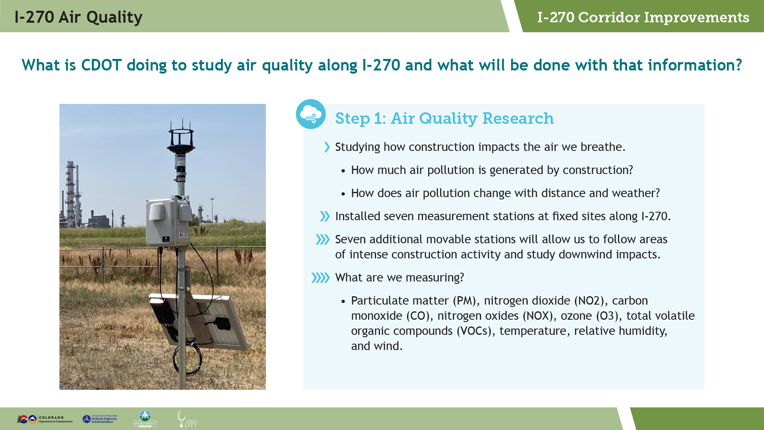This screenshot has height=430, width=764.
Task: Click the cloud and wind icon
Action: pyautogui.click(x=311, y=114)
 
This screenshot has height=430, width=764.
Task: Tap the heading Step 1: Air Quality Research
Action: pyautogui.click(x=444, y=118)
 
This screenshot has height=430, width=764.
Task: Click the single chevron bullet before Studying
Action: pyautogui.click(x=327, y=147)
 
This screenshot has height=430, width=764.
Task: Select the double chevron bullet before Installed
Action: pyautogui.click(x=325, y=216)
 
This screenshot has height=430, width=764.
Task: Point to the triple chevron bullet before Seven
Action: pyautogui.click(x=323, y=239)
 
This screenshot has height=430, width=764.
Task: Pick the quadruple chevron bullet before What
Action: pyautogui.click(x=321, y=278)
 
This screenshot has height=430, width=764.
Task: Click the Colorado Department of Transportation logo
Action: pyautogui.click(x=45, y=419)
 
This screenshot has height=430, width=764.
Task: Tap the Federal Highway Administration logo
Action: pyautogui.click(x=100, y=419)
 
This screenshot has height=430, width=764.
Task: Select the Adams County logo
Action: pyautogui.click(x=145, y=418)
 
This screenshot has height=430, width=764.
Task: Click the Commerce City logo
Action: pyautogui.click(x=187, y=419)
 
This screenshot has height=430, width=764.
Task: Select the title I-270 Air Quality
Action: pyautogui.click(x=78, y=17)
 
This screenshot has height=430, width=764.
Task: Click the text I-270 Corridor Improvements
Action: pyautogui.click(x=643, y=17)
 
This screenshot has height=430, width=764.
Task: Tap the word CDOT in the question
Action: pyautogui.click(x=101, y=65)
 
